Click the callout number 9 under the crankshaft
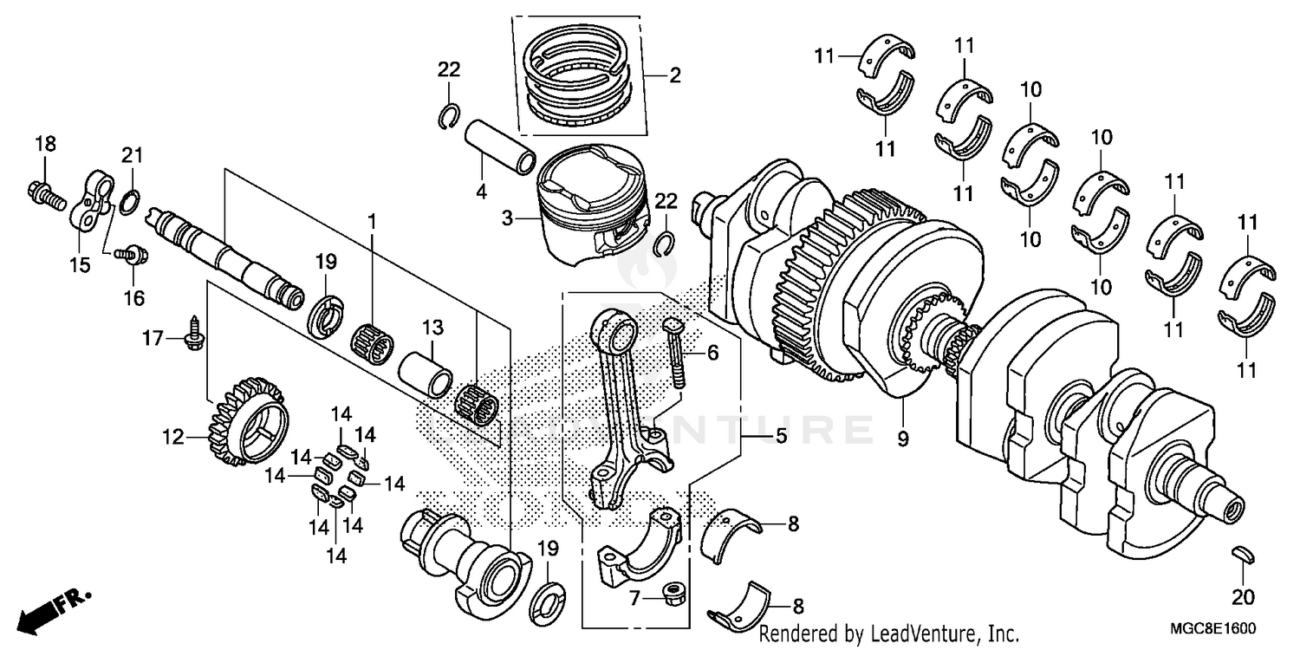(902, 439)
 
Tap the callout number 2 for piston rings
(675, 76)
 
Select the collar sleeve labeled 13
(426, 372)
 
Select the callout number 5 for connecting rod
(781, 438)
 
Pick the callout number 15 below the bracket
(80, 265)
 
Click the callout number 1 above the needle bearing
(373, 223)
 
